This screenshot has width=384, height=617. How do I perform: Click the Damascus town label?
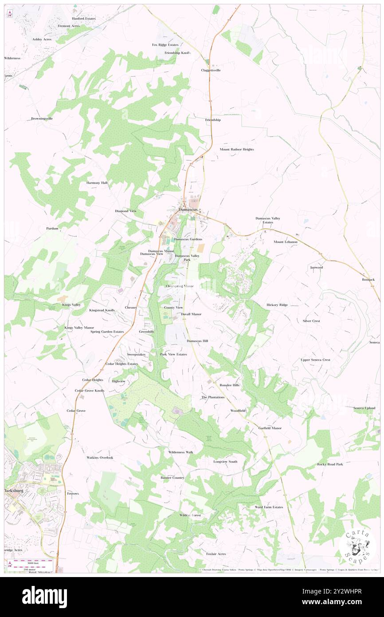(x=188, y=209)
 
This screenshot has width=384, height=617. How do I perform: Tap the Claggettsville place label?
(x=211, y=70)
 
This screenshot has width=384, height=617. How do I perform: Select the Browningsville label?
(x=42, y=119)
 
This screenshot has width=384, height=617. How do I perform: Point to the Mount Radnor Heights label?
(x=237, y=150)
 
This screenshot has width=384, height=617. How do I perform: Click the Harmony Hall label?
(x=97, y=183)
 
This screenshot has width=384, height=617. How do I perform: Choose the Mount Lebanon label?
(x=286, y=242)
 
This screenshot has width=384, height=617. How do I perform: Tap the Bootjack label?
(x=368, y=280)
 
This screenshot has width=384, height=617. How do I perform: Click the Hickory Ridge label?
(x=277, y=305)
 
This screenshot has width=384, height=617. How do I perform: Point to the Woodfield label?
(x=238, y=411)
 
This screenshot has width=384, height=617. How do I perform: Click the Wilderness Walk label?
(x=180, y=452)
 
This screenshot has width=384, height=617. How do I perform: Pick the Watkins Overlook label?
(x=100, y=457)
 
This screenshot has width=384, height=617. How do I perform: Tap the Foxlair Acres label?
(x=216, y=554)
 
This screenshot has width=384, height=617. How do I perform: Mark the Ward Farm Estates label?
(x=269, y=507)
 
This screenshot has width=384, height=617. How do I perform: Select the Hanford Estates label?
(x=83, y=19)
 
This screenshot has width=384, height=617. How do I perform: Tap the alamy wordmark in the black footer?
(x=44, y=596)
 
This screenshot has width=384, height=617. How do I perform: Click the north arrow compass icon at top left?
(x=10, y=13)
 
